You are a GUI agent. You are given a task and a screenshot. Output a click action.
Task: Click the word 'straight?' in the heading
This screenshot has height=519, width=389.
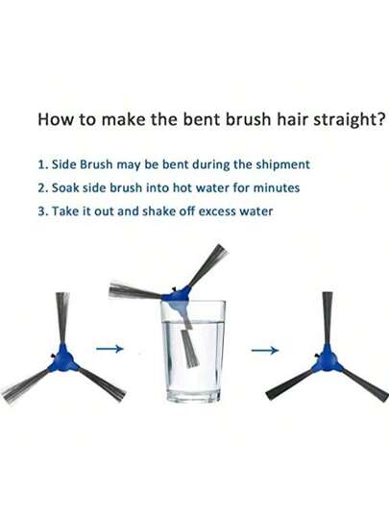[349, 120]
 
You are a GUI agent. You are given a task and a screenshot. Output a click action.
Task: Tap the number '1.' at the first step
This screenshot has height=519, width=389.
[43, 164]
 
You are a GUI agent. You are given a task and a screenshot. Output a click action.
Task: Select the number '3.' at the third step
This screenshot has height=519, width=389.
[43, 211]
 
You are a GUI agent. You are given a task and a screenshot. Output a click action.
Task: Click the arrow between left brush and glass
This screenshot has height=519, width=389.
[109, 349]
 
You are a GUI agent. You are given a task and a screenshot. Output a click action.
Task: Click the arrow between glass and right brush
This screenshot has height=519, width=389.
[265, 350]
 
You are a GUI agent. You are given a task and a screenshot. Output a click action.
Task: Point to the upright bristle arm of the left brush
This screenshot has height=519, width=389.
[62, 318]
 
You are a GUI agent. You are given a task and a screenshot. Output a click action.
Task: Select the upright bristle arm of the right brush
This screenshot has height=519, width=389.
[328, 318]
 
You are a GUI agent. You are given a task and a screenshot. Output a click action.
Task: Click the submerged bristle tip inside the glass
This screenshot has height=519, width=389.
[190, 348]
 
